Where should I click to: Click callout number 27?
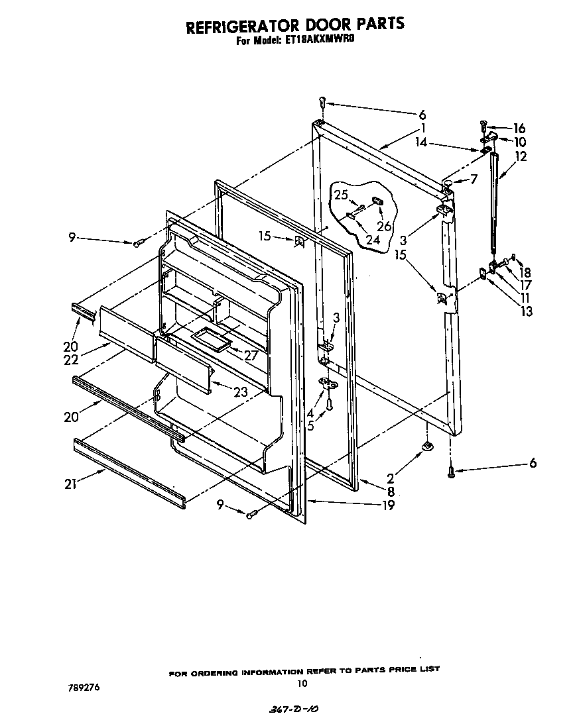[250, 355]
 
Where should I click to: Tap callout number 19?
[389, 506]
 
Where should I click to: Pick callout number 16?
[519, 129]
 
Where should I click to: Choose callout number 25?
[340, 195]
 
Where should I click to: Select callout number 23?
[240, 392]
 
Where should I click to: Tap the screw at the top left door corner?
[322, 103]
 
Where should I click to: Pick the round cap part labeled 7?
[449, 180]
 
